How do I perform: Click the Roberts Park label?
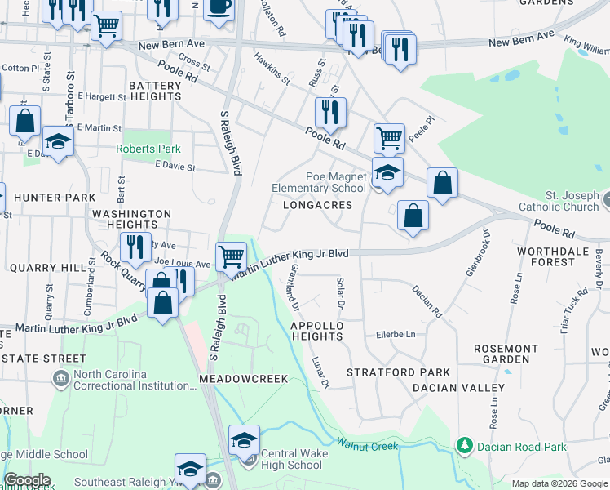148,149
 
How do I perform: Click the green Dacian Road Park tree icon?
464,445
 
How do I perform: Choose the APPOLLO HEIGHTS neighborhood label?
316,331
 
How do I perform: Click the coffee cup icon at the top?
218,7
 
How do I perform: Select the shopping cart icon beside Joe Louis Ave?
232,256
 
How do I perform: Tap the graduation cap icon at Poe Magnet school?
387,172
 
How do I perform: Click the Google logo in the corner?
26,480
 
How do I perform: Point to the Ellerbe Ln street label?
395,334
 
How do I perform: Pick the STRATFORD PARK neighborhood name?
387,372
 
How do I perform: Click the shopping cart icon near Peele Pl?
389,137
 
